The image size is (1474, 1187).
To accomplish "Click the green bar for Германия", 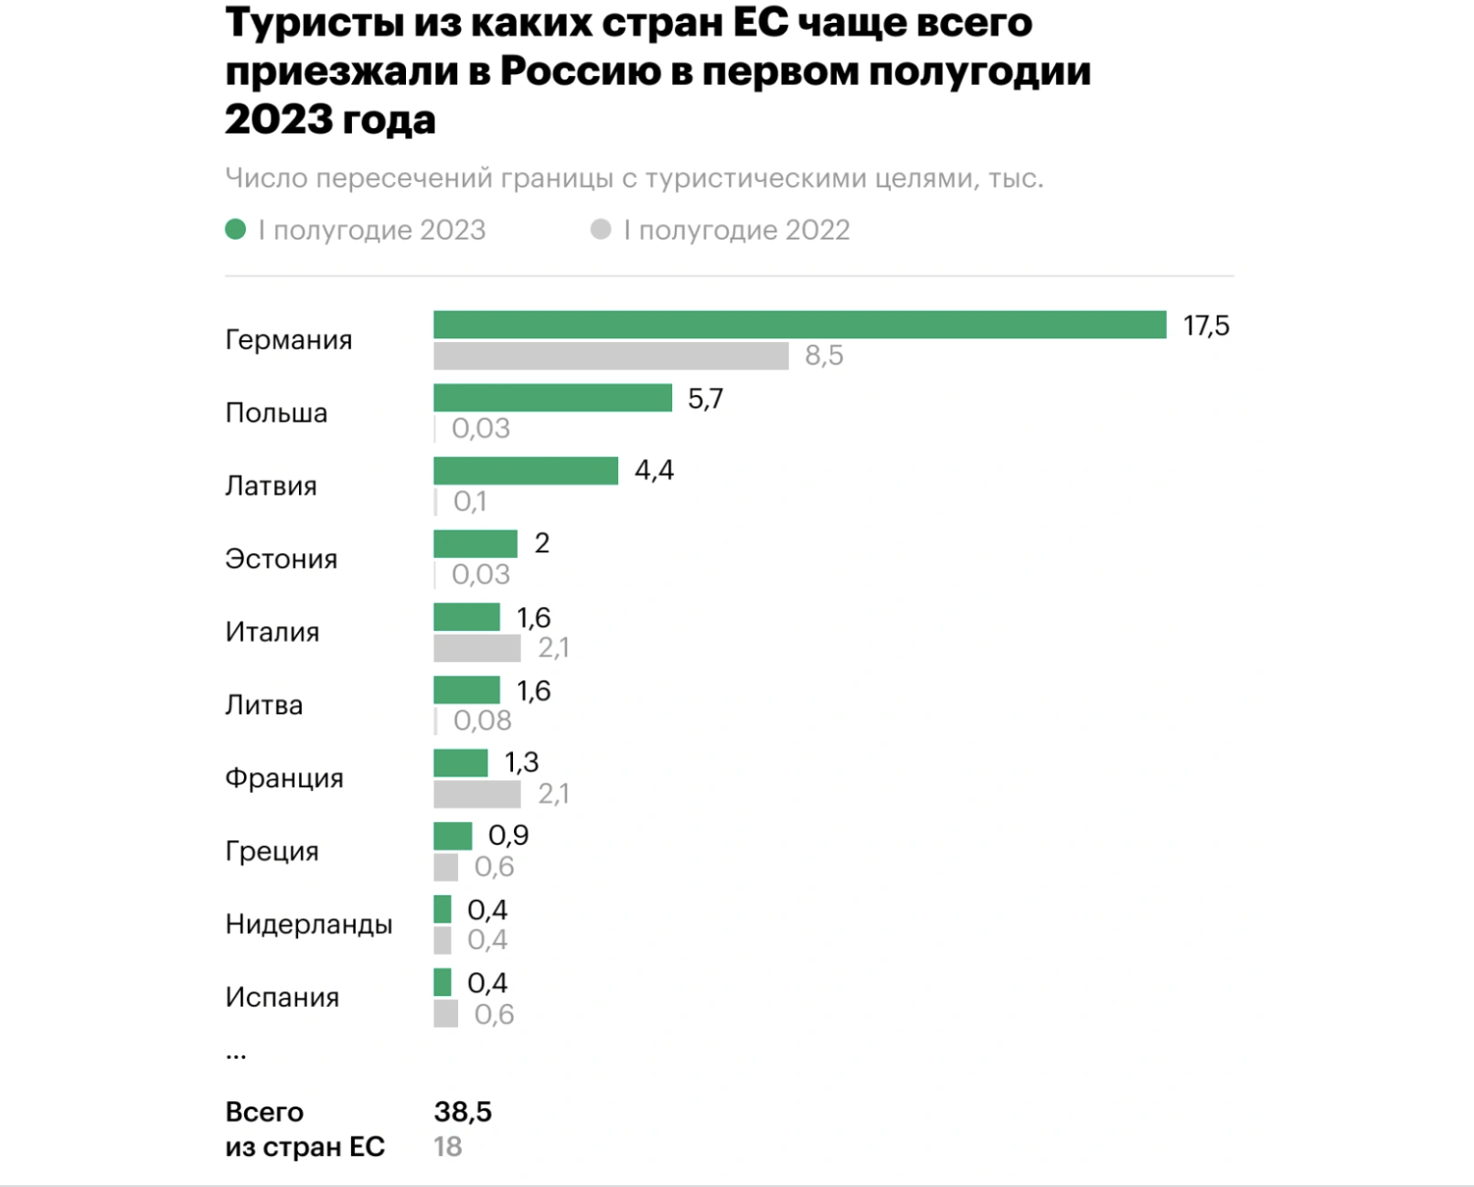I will (x=799, y=325).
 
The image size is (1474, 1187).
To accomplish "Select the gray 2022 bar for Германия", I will (x=611, y=356).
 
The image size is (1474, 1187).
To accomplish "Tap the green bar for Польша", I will (x=552, y=398).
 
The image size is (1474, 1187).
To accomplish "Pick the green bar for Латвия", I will (x=526, y=471).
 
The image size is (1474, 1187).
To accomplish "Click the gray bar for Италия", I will (x=476, y=648).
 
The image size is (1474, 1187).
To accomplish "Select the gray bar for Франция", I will (x=476, y=794).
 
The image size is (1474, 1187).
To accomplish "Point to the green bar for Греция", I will (x=453, y=836).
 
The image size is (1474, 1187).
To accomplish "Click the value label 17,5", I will (x=1206, y=326).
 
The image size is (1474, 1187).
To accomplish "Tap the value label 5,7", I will (x=705, y=399).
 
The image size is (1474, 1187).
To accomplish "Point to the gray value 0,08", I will (x=482, y=721).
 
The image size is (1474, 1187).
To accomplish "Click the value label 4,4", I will (x=654, y=471).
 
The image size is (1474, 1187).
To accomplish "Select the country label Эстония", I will (x=281, y=559).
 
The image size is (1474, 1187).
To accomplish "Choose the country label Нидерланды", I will (x=308, y=925).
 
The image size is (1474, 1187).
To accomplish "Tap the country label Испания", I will (x=282, y=997).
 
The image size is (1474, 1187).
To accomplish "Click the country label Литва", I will (x=263, y=705).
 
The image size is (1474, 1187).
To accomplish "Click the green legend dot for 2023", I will (x=236, y=230).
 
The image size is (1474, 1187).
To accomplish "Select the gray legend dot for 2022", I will (x=601, y=230).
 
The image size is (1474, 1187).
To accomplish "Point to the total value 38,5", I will (x=463, y=1112).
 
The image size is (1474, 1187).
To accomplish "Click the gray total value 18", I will (x=447, y=1147).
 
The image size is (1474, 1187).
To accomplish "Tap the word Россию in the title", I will (x=580, y=71).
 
